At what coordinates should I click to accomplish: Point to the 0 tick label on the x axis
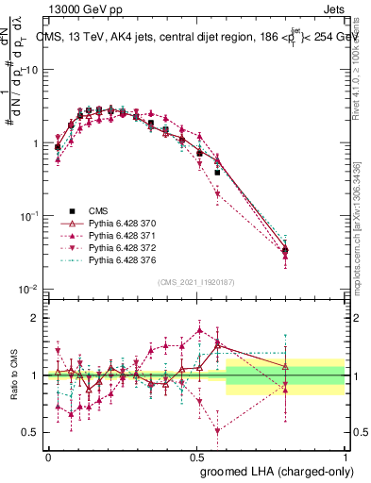point(48,456)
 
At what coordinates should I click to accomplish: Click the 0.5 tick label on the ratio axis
point(31,432)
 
